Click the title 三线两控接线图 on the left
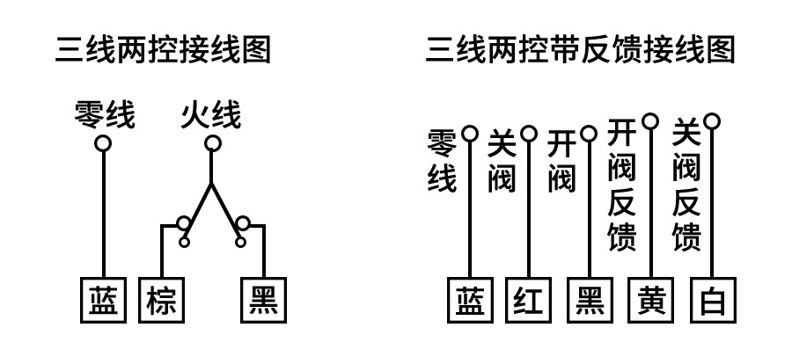163,49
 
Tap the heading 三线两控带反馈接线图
580,49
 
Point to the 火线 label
210,115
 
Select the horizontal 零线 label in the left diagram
105,115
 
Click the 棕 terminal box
162,300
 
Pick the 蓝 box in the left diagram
104,300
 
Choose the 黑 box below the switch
264,300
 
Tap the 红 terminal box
528,300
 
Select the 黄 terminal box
651,300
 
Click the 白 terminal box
713,300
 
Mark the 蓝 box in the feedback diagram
470,300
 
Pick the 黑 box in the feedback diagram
590,300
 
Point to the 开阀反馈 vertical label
621,185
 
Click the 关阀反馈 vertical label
686,185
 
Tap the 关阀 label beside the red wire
502,161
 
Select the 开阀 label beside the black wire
561,161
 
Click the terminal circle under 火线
213,143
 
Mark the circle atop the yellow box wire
650,121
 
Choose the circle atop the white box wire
712,121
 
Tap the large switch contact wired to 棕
183,223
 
